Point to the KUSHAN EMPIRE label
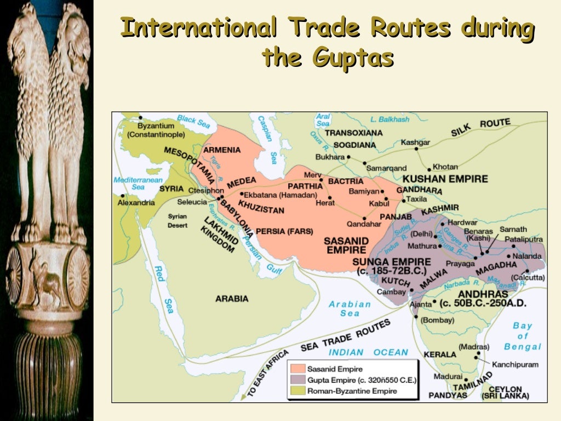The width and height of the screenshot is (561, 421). [x=445, y=179]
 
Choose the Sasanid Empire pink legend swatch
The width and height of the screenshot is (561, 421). [x=297, y=369]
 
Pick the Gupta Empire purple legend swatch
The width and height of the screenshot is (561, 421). [x=297, y=380]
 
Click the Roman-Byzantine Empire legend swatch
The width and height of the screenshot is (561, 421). [x=297, y=391]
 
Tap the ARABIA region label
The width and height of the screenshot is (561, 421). [x=232, y=299]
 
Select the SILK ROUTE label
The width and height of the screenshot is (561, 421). [x=480, y=127]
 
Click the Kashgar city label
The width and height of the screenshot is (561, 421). [x=415, y=143]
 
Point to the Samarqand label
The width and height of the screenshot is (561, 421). [x=386, y=168]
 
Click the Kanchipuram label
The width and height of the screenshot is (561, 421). [x=515, y=364]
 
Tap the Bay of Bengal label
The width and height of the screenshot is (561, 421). [x=523, y=336]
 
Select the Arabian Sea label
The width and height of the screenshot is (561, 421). [x=350, y=308]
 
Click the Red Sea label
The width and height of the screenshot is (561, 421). [x=163, y=291]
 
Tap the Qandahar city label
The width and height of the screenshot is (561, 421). [x=363, y=224]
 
